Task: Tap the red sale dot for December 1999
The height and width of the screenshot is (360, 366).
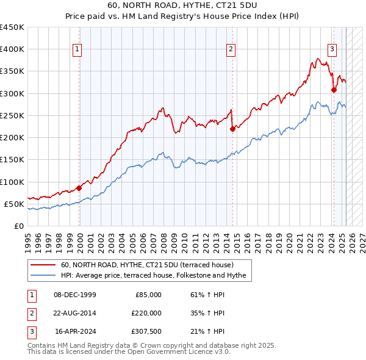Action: tap(79, 188)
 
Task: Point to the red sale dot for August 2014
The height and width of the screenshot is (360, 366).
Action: tap(232, 129)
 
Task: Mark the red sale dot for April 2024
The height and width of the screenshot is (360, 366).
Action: tap(334, 90)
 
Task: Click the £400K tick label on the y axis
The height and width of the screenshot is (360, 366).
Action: tap(12, 49)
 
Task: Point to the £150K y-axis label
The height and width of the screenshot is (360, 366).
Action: tap(12, 160)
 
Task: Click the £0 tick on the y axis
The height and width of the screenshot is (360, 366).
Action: tap(18, 226)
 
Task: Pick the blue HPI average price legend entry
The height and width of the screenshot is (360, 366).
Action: tap(153, 276)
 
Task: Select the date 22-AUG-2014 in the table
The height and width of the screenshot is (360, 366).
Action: tap(74, 313)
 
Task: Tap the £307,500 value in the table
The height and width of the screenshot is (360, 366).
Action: tap(147, 331)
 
